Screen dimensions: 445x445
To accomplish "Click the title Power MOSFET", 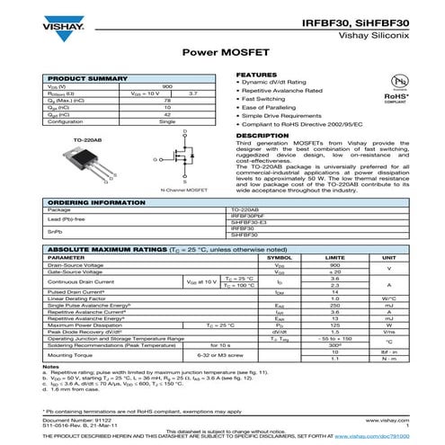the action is [x=223, y=53].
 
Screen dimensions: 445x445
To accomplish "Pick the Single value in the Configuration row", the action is [x=167, y=121].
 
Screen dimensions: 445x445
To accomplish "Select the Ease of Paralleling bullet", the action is [x=267, y=108].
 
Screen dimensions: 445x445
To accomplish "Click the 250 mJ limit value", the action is [x=334, y=306].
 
